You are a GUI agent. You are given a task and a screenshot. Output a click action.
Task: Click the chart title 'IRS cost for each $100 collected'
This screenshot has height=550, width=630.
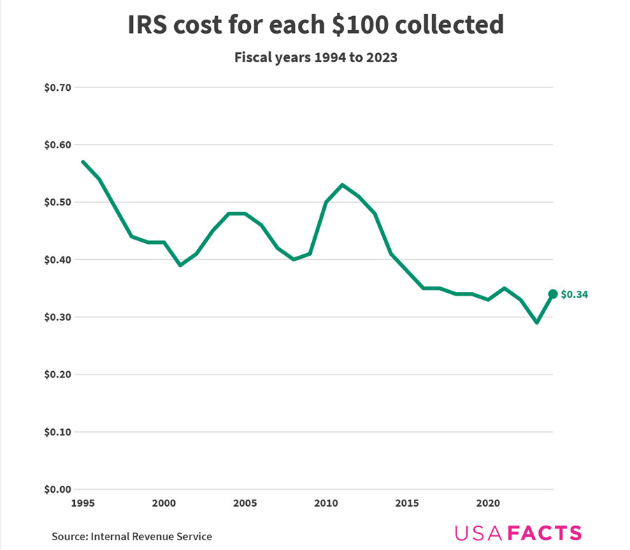tap(315, 24)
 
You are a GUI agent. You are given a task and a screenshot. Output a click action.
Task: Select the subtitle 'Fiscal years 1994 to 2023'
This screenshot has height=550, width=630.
tap(315, 57)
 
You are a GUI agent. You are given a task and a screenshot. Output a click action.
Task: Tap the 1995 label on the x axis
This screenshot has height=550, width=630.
tap(83, 503)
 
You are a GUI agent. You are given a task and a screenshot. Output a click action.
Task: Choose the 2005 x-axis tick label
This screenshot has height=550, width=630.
tap(245, 503)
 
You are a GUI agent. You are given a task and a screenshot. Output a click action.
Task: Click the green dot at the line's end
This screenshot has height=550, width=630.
tap(553, 294)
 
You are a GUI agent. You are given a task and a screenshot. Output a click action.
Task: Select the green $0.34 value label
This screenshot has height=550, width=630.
tap(574, 295)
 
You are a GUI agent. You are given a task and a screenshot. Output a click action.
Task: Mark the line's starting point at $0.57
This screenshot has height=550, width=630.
tap(83, 162)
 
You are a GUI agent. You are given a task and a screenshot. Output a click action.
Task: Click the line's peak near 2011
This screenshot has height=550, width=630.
tap(342, 184)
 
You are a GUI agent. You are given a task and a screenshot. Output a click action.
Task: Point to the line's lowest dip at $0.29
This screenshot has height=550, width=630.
tap(537, 323)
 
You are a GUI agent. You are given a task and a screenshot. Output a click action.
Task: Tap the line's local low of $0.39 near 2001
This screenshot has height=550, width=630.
tap(180, 266)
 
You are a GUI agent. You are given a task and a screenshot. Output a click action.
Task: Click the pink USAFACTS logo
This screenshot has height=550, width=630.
tap(517, 533)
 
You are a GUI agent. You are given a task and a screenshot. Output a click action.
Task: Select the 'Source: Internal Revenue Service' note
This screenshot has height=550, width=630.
tap(131, 537)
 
